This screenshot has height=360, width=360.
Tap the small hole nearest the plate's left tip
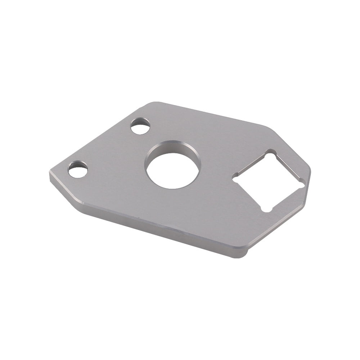click(78, 170)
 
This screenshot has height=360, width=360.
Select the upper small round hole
click(140, 126)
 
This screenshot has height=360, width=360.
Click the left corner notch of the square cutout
click(236, 179)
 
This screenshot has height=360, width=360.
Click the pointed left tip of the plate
click(51, 176)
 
